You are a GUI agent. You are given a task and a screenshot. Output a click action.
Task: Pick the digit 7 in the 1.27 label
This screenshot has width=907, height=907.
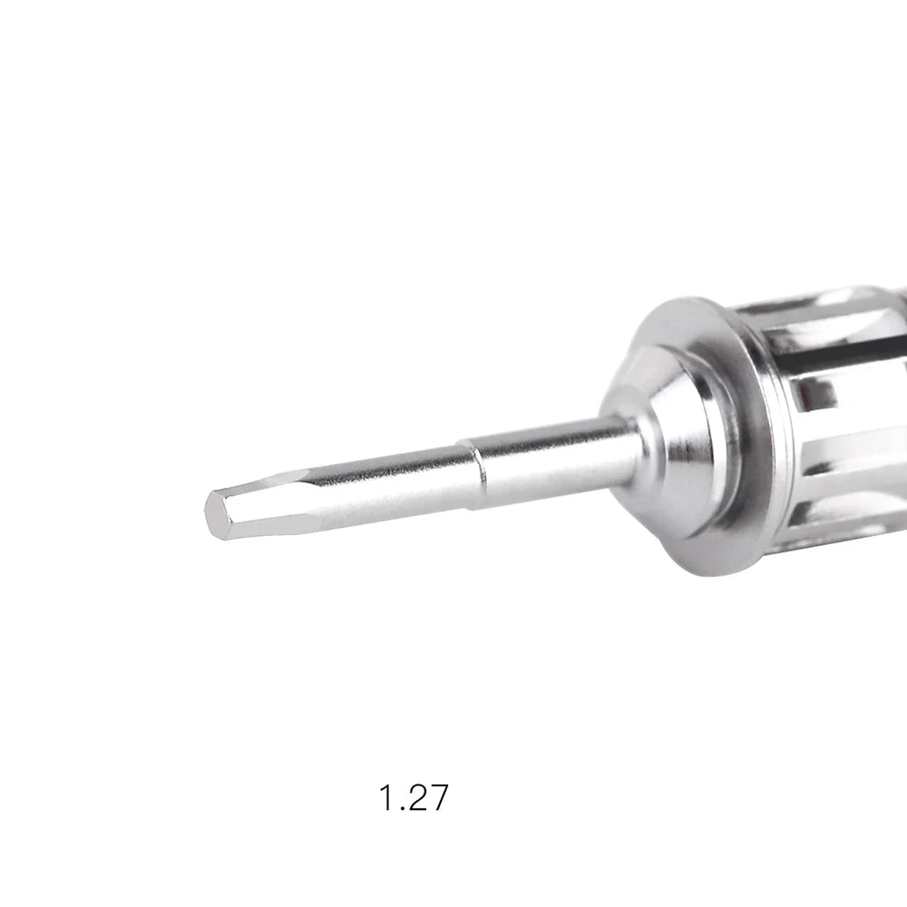tap(438, 797)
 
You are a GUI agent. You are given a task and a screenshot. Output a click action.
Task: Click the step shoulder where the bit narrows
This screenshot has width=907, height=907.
tap(475, 474)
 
